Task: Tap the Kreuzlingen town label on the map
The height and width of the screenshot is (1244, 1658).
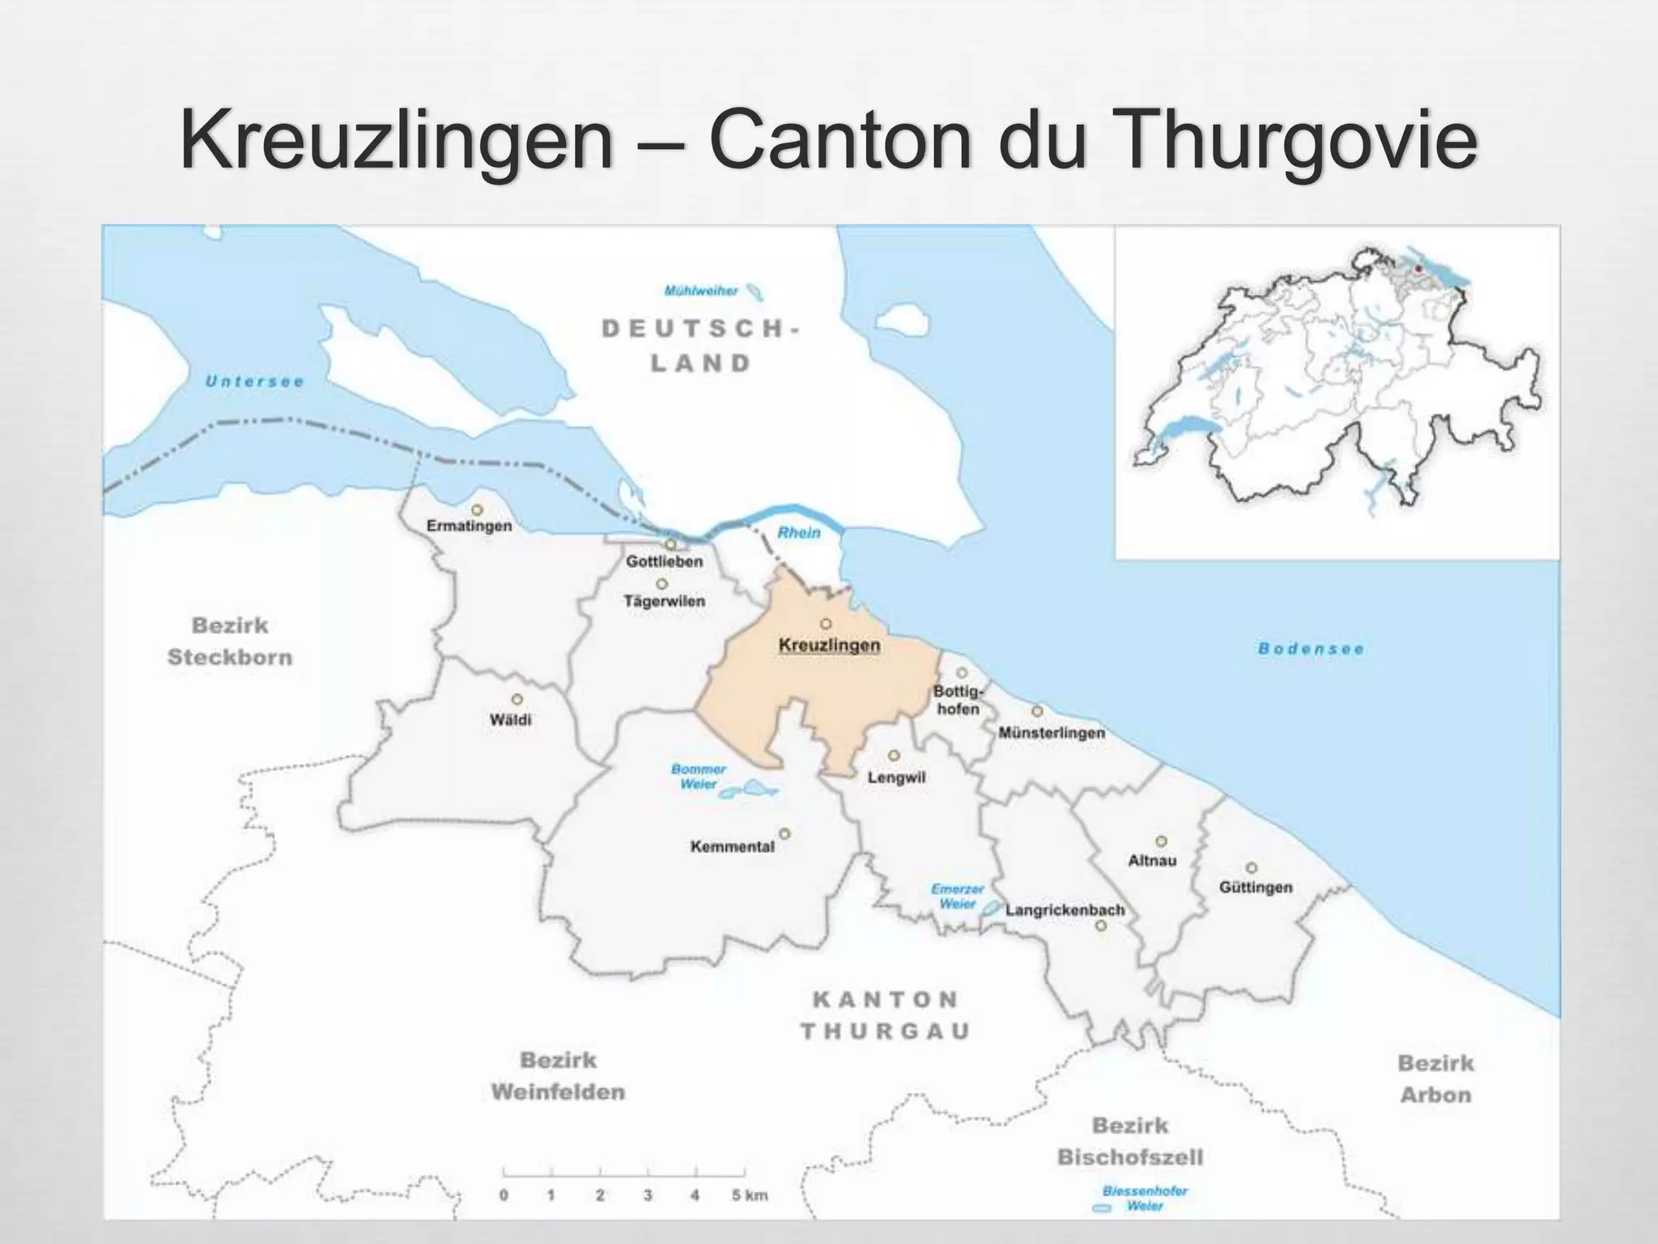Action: [829, 645]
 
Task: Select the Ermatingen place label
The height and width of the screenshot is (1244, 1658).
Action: [469, 526]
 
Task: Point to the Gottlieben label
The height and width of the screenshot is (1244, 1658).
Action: [664, 561]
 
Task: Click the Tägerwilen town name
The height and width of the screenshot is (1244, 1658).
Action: [664, 601]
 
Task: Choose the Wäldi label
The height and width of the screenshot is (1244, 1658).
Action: [510, 719]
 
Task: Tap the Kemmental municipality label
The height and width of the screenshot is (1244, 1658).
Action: [732, 847]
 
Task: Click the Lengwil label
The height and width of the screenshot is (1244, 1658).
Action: [896, 777]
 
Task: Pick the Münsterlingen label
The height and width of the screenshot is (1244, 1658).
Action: [1051, 733]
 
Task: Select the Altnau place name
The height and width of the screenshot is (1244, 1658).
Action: [1151, 860]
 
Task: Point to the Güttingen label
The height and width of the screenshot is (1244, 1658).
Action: [1256, 888]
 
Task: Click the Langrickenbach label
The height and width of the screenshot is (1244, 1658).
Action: [1065, 910]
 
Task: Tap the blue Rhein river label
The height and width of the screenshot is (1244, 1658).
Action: [798, 533]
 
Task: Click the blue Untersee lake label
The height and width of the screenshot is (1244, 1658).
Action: [254, 381]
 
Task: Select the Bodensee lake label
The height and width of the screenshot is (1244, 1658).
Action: [1311, 649]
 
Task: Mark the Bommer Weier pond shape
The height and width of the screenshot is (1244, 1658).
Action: [750, 789]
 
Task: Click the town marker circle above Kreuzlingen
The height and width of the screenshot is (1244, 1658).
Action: [826, 624]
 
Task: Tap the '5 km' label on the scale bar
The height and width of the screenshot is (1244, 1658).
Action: [750, 1195]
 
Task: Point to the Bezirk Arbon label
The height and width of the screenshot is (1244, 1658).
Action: [1435, 1079]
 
